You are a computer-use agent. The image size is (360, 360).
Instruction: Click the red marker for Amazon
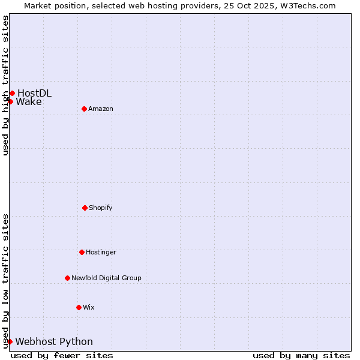point(84,109)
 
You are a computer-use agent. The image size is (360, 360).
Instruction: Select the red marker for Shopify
point(85,208)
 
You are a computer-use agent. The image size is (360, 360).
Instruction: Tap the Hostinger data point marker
point(82,252)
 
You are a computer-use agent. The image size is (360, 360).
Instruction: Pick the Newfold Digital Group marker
point(67,278)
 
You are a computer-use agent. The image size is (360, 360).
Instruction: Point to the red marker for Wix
point(79,307)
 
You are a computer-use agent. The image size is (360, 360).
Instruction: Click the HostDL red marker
point(12,93)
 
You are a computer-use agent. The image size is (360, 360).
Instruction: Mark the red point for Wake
point(10,101)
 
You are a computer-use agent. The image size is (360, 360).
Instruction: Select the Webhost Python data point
point(10,341)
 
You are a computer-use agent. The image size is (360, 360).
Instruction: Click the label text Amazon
point(101,109)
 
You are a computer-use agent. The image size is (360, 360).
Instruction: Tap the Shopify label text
point(101,208)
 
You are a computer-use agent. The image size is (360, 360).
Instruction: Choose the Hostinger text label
point(101,252)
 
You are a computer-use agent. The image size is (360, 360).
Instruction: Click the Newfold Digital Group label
point(106,278)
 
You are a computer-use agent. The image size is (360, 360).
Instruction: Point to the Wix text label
point(89,307)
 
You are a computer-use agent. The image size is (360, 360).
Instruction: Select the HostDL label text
point(34,93)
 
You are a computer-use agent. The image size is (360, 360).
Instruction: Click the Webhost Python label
point(54,341)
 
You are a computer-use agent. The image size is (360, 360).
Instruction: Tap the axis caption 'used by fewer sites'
point(62,355)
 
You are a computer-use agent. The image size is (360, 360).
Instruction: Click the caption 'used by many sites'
point(301,355)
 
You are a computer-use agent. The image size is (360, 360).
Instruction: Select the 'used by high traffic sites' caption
point(5,85)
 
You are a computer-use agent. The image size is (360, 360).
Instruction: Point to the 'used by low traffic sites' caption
point(5,280)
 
